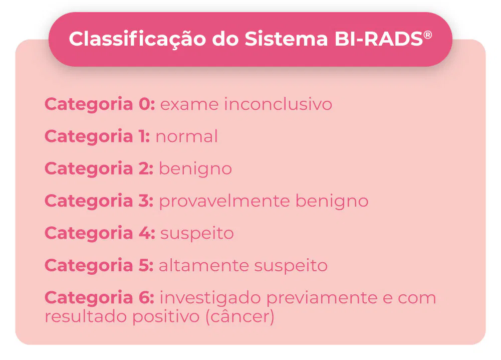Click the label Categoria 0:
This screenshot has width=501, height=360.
tap(100, 104)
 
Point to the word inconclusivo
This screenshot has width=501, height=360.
tap(278, 104)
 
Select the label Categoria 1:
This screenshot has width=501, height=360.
tap(97, 136)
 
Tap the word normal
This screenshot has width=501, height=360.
tap(187, 136)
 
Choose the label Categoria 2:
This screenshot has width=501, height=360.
tap(99, 168)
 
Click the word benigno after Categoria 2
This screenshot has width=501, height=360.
tap(195, 169)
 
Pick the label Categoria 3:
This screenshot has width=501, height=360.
tap(99, 201)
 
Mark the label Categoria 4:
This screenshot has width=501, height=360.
tap(100, 233)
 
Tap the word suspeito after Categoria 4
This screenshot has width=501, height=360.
tap(197, 234)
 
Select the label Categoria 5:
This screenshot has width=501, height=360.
tap(99, 265)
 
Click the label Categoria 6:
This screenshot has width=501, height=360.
tap(99, 297)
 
